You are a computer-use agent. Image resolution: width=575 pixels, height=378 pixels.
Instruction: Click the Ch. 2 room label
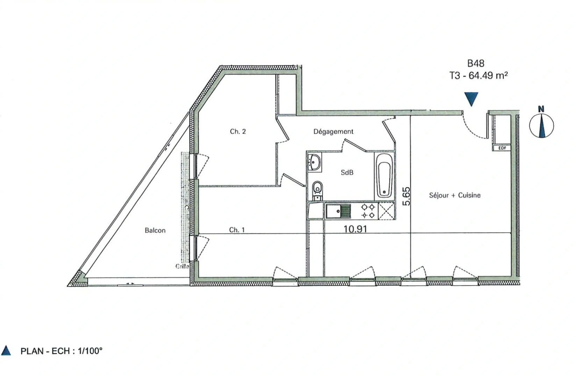238,132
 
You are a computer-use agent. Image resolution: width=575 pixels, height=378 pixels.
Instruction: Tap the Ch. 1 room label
237,230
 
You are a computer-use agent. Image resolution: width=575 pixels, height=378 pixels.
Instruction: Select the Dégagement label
333,132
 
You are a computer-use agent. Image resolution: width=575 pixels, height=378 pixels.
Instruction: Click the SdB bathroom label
347,173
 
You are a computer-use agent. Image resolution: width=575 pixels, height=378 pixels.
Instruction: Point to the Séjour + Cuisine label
454,195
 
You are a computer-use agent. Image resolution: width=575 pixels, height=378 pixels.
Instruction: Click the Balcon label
155,230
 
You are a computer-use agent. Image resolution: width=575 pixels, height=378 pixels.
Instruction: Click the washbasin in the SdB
315,163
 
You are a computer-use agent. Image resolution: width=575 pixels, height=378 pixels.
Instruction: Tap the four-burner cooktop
368,211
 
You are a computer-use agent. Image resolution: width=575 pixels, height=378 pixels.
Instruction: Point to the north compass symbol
541,124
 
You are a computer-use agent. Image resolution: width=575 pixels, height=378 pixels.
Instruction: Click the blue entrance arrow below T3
472,99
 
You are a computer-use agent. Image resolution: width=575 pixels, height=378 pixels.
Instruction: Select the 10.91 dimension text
355,229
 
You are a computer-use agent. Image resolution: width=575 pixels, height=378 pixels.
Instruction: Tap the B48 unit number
476,63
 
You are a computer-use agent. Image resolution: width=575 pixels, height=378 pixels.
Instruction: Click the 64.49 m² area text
488,75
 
